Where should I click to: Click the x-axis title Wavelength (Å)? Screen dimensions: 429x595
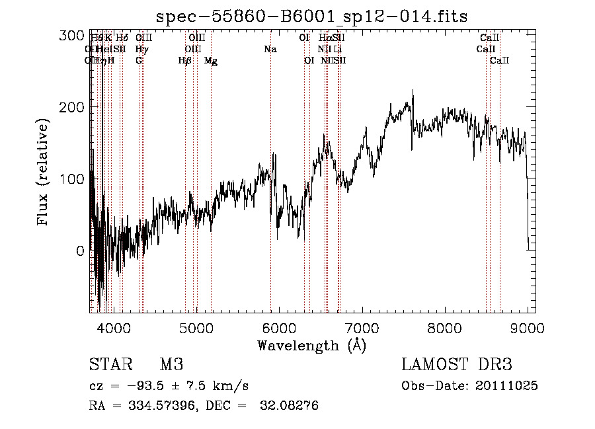[x=311, y=346]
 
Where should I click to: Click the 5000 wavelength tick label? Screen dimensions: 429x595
[x=196, y=327]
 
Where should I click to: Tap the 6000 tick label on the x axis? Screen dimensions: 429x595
[x=279, y=327]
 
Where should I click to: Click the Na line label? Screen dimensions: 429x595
[x=270, y=50]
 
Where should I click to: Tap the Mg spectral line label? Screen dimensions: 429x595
[x=211, y=61]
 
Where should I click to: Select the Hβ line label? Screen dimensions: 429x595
[x=185, y=61]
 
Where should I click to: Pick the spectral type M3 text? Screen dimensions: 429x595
[x=171, y=365]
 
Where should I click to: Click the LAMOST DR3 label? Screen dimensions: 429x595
[x=457, y=365]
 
